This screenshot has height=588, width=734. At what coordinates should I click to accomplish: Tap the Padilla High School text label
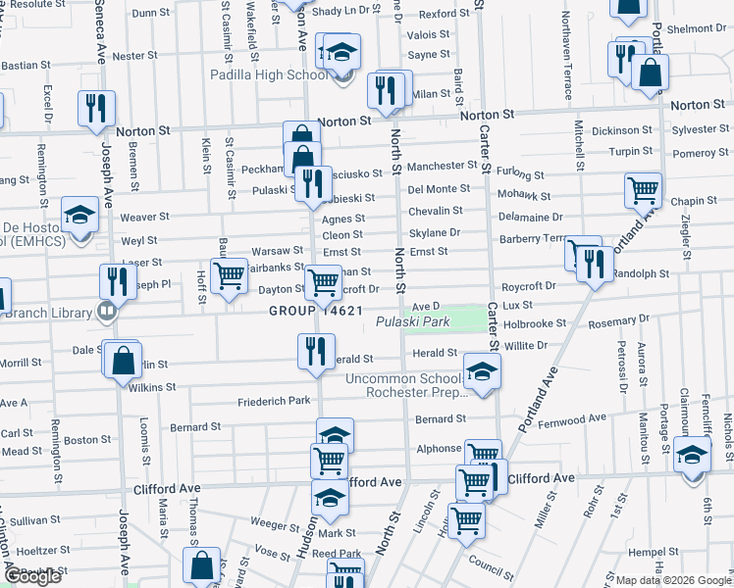coord(269,74)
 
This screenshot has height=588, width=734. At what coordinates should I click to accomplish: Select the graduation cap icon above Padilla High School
coord(341,52)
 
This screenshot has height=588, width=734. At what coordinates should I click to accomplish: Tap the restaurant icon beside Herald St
coord(315,351)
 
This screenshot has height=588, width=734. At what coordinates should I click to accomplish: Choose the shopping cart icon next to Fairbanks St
coord(229,275)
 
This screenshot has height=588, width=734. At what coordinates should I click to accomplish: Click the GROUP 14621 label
coord(318,312)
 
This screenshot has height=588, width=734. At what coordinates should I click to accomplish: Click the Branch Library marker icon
coord(107,313)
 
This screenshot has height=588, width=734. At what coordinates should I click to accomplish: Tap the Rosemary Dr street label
coord(618,318)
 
